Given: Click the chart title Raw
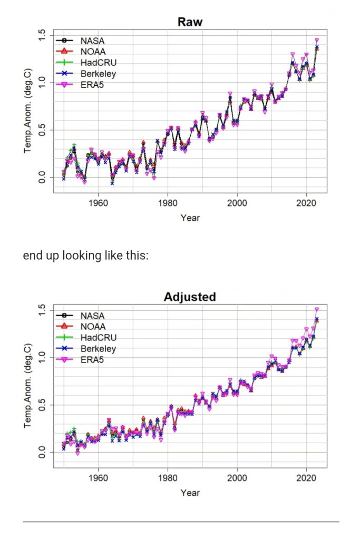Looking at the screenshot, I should click(190, 22).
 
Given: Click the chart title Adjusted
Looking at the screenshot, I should click(190, 297).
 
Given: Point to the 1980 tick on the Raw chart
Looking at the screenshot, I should click(168, 203).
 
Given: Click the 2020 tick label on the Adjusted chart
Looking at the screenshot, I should click(307, 478).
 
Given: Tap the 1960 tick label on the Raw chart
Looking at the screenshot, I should click(98, 203).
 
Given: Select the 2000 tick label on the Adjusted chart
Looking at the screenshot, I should click(237, 478).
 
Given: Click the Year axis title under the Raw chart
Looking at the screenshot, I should click(190, 218).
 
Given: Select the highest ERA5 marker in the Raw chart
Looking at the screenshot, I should click(317, 40).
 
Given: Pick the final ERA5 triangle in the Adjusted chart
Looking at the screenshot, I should click(317, 310).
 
